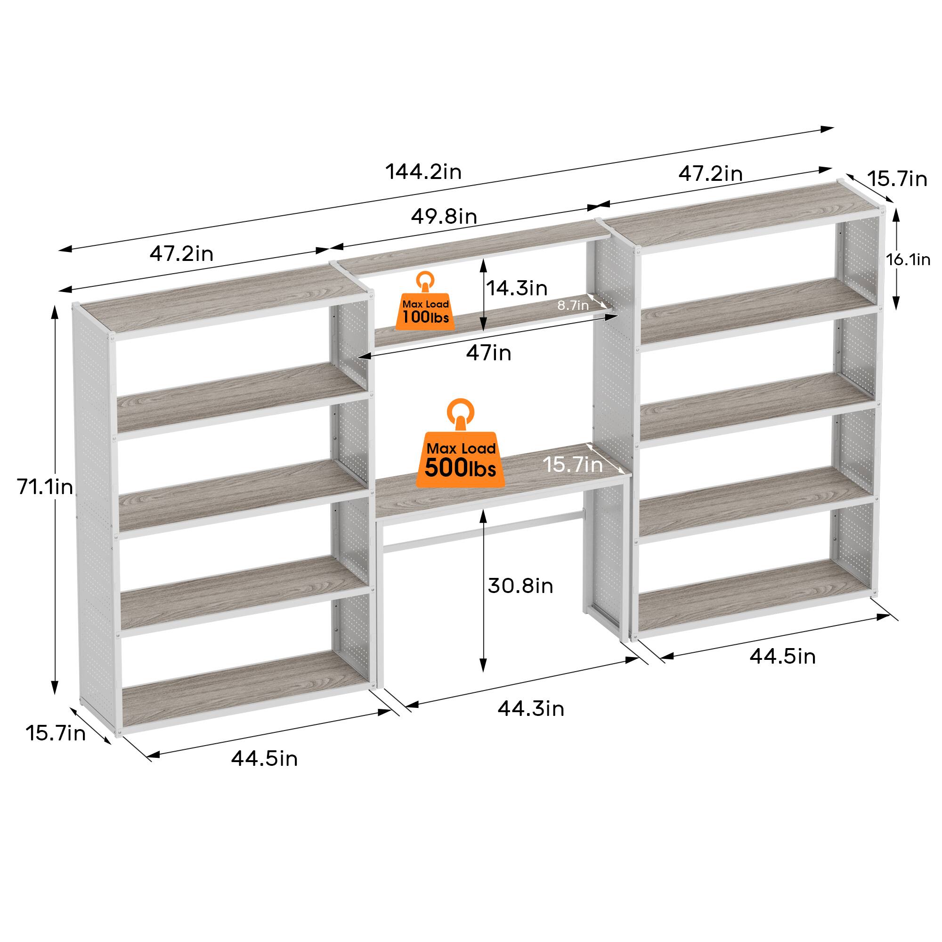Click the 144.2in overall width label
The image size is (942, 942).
(423, 171)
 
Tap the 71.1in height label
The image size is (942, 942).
(45, 487)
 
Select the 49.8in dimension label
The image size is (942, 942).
(444, 216)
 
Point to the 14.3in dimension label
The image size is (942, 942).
(517, 288)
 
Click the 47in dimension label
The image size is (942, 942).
(488, 352)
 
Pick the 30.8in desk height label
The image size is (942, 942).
(520, 585)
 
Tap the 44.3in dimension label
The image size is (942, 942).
(531, 708)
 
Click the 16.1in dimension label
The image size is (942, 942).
(908, 260)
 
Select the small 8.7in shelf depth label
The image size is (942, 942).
(573, 305)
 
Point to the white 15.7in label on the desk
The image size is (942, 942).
(573, 464)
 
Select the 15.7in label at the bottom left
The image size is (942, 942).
(56, 733)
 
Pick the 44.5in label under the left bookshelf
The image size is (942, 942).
(264, 759)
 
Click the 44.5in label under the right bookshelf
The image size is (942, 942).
(782, 656)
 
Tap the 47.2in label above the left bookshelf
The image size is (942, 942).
(181, 253)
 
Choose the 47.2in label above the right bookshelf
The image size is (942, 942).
(710, 174)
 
